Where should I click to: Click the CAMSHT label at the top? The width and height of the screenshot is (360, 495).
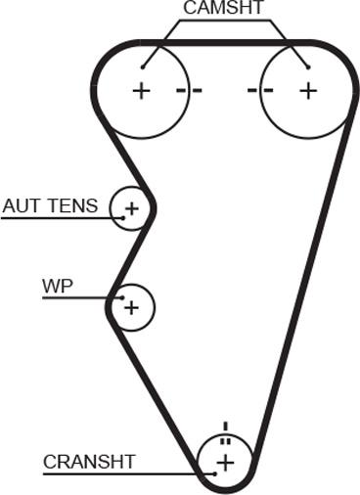(224, 9)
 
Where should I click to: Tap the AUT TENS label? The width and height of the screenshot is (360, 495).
(50, 206)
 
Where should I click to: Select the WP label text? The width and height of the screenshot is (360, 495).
(58, 287)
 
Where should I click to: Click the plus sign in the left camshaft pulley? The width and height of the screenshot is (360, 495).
(143, 91)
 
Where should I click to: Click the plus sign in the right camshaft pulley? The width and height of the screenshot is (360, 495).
(308, 91)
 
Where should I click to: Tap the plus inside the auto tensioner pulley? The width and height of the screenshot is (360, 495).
(131, 208)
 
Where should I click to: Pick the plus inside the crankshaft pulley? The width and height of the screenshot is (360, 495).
(225, 462)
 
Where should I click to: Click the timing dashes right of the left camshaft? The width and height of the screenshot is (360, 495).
(190, 91)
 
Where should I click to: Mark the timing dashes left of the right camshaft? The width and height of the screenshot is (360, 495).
(259, 91)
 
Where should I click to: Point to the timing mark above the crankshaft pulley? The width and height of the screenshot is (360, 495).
(225, 431)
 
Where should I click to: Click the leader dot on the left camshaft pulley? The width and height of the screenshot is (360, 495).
(143, 67)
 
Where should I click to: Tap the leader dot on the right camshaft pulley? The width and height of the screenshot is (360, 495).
(307, 67)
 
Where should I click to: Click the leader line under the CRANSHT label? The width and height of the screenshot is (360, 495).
(117, 474)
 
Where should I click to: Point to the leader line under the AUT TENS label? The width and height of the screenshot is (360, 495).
(59, 216)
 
